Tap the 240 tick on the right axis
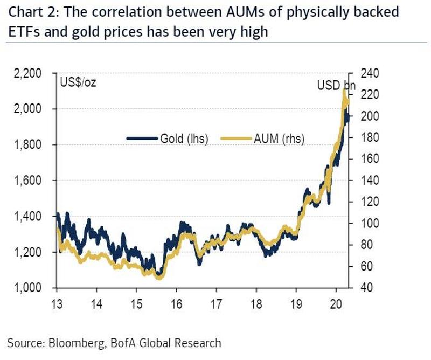pos(363,73)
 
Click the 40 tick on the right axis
pos(360,288)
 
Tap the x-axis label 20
pos(336,302)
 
